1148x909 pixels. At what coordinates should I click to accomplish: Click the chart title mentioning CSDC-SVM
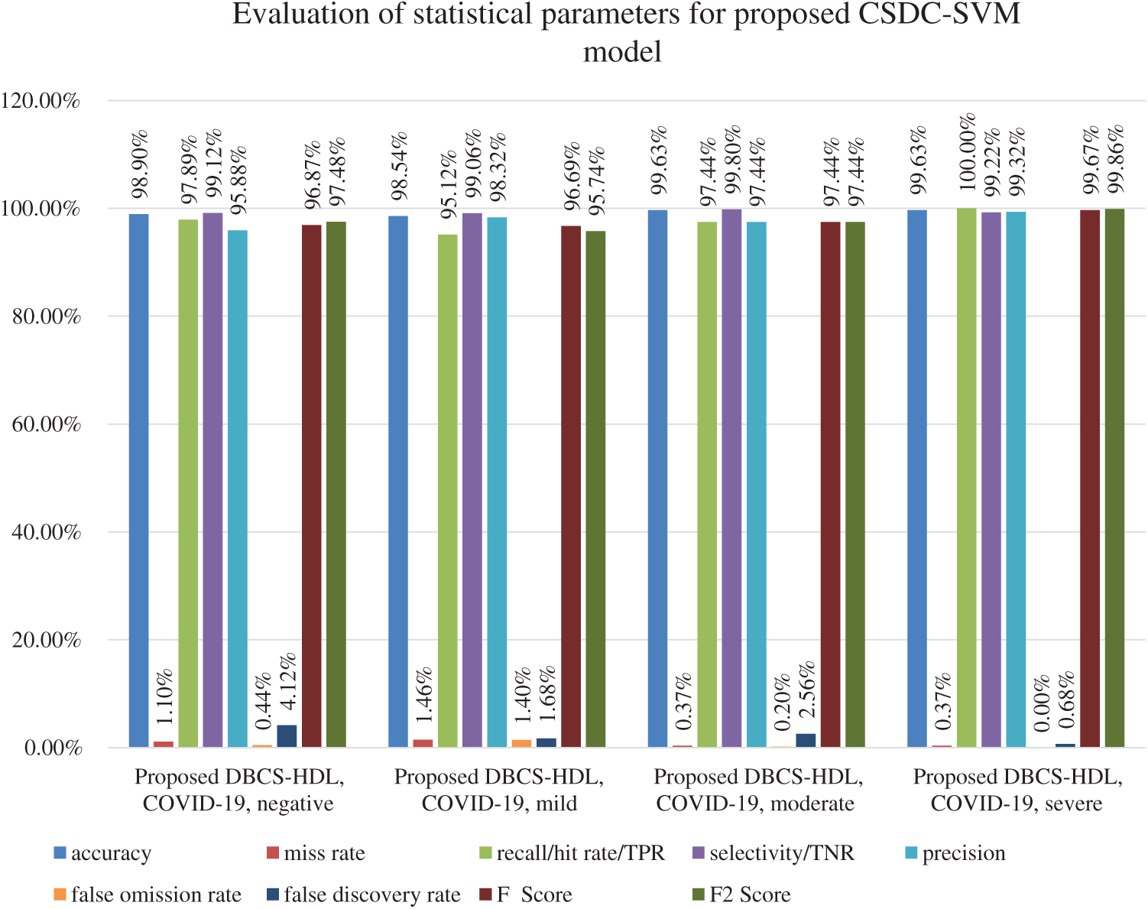[x=626, y=32]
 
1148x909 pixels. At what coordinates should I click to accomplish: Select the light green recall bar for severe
[x=966, y=478]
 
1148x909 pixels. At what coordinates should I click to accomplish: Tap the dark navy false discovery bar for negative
[x=287, y=735]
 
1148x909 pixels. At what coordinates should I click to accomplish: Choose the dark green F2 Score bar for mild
[x=595, y=489]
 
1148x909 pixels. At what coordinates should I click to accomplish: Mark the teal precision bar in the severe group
[x=1016, y=479]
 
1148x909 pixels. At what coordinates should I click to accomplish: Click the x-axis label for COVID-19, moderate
[x=757, y=791]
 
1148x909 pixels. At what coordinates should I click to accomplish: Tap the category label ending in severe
[x=1017, y=791]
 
